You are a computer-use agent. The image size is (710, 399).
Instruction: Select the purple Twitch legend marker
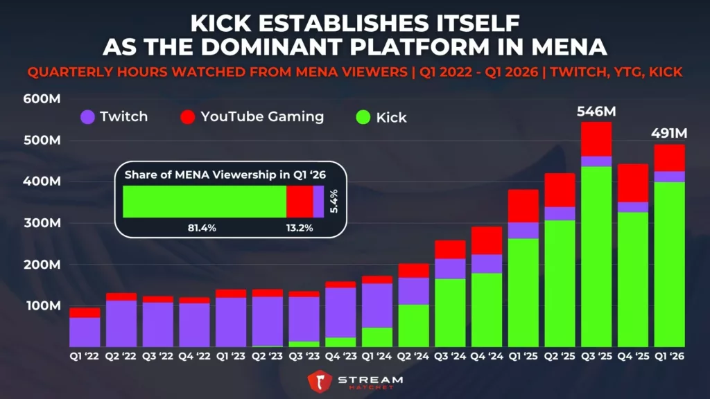(87, 116)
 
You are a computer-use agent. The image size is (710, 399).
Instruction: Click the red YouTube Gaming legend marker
(187, 116)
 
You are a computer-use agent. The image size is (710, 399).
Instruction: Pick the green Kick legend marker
(363, 117)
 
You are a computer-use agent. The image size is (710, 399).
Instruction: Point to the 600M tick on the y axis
(41, 98)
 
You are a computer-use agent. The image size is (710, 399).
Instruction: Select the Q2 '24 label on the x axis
(413, 359)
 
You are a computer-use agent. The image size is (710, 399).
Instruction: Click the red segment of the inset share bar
(300, 202)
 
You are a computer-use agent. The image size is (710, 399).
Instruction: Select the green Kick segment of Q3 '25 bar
(596, 256)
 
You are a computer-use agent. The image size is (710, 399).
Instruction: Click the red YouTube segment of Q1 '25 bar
(523, 206)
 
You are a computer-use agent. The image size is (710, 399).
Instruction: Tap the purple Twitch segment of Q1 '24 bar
(377, 305)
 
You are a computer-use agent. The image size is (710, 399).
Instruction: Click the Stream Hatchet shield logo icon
(320, 382)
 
